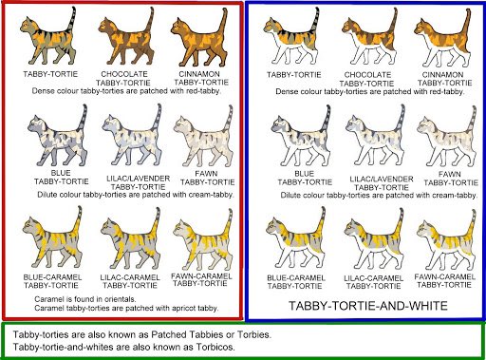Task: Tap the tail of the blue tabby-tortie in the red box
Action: point(83,119)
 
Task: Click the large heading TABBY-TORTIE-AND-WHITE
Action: point(368,306)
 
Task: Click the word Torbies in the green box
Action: point(254,334)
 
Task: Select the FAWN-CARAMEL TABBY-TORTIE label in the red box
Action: point(201,280)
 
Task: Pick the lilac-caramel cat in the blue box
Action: point(373,239)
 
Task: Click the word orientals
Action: point(121,299)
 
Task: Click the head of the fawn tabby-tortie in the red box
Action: point(181,124)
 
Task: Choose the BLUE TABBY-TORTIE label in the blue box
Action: point(305,178)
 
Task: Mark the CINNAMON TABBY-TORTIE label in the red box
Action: point(201,78)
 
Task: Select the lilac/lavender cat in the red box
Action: point(132,136)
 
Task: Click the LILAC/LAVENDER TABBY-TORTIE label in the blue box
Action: point(382,183)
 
